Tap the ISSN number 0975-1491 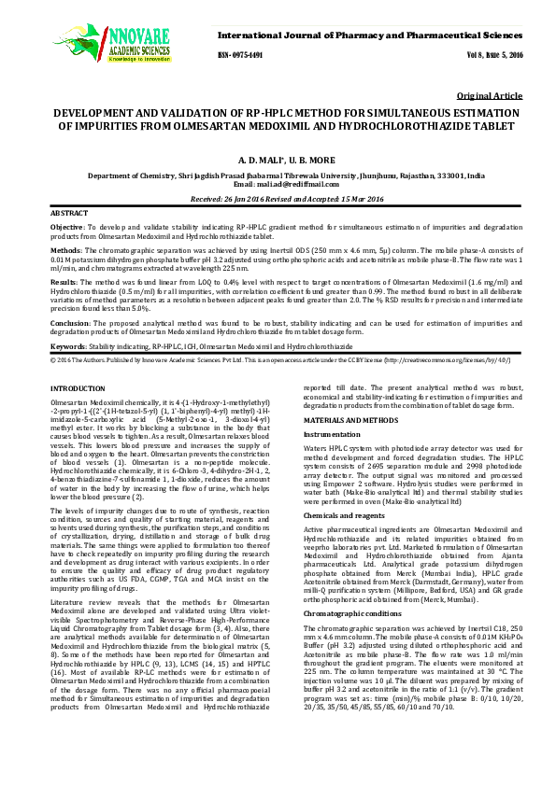pyautogui.click(x=240, y=55)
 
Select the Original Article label pyautogui.click(x=489, y=96)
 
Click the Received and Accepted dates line pyautogui.click(x=278, y=199)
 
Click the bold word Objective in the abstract pyautogui.click(x=67, y=228)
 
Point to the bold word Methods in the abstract pyautogui.click(x=65, y=251)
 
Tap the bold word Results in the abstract pyautogui.click(x=64, y=280)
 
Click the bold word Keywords pyautogui.click(x=68, y=345)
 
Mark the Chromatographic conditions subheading pyautogui.click(x=350, y=587)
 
